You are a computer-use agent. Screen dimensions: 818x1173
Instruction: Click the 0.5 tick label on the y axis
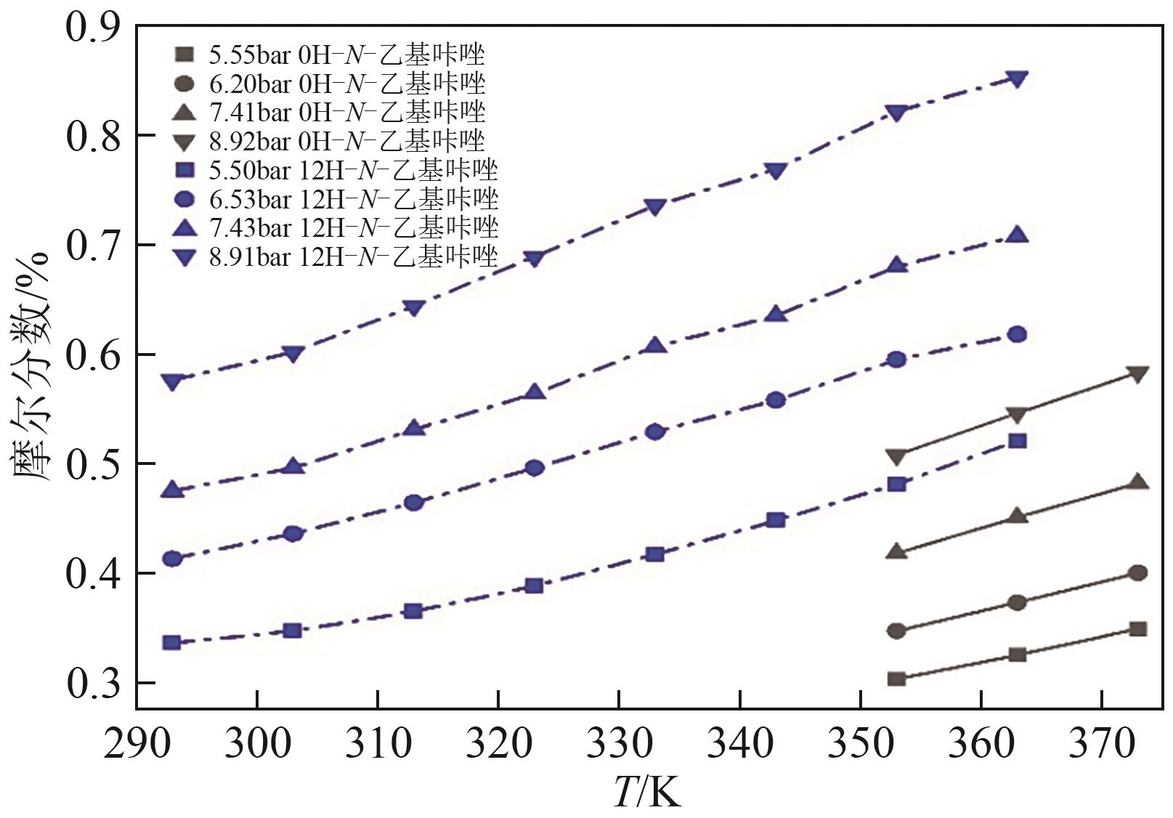coord(92,464)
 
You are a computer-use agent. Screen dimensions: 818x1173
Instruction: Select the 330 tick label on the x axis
coord(619,745)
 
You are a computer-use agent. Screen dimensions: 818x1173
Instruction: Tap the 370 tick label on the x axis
coord(1101,745)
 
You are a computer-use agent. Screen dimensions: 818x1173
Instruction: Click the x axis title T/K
coord(647,791)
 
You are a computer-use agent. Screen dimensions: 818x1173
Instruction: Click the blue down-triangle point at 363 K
coord(1018,79)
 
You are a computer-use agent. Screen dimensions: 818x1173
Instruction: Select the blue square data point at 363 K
coord(1018,441)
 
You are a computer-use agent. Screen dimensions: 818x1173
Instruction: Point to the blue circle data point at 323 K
coord(535,468)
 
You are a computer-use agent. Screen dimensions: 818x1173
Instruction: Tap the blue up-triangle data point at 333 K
coord(655,346)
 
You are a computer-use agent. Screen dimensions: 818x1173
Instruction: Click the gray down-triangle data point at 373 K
coord(1138,374)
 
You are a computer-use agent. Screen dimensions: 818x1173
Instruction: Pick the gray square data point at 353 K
coord(897,679)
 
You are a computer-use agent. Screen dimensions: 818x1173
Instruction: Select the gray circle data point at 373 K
coord(1138,573)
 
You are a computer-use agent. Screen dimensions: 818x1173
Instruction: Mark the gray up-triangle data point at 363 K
coord(1018,517)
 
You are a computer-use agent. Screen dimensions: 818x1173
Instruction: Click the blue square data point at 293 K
coord(172,643)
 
